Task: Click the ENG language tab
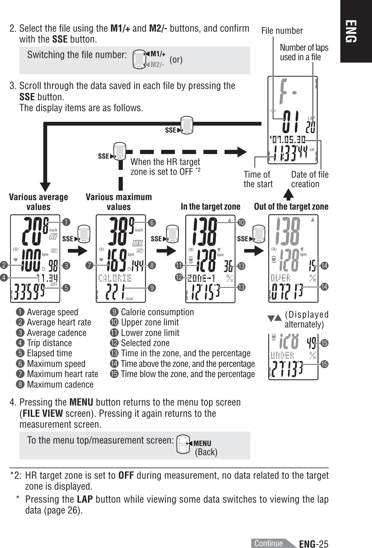click(355, 31)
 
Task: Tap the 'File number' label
click(282, 31)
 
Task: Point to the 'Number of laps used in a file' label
click(304, 52)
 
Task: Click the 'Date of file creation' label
click(309, 179)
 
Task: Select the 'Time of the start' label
click(258, 179)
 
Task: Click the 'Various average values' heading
click(38, 202)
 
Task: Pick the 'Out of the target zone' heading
click(291, 206)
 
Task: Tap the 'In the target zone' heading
click(210, 206)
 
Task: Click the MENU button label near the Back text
click(202, 443)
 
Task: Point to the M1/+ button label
click(158, 54)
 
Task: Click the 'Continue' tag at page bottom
click(269, 543)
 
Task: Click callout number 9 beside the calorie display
click(152, 288)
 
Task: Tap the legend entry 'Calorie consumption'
click(157, 312)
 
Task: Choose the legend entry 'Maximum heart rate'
click(62, 374)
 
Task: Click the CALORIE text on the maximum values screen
click(115, 278)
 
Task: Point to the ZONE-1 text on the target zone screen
click(202, 278)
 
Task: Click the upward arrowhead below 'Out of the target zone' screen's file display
click(288, 195)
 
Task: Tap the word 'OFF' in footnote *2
click(126, 476)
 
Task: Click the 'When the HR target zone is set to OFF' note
click(165, 167)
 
